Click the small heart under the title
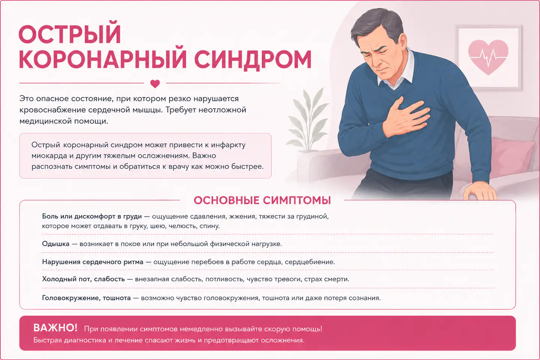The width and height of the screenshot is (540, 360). click(x=155, y=84)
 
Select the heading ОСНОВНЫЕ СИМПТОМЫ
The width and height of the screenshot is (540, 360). click(x=262, y=200)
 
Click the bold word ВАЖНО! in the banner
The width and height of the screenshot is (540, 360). click(x=55, y=328)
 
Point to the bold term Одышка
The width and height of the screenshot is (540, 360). click(x=55, y=244)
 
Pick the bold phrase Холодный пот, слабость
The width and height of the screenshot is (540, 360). click(x=83, y=279)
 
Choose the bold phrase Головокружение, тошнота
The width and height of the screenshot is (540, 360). click(x=86, y=298)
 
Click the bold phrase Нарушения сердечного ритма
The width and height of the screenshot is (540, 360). click(x=93, y=262)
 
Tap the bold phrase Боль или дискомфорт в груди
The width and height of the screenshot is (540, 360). click(x=92, y=216)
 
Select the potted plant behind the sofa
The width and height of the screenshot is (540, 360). click(x=307, y=121)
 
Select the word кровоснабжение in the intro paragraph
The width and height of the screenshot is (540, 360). click(x=52, y=110)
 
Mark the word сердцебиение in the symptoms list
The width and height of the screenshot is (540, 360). click(x=310, y=262)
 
